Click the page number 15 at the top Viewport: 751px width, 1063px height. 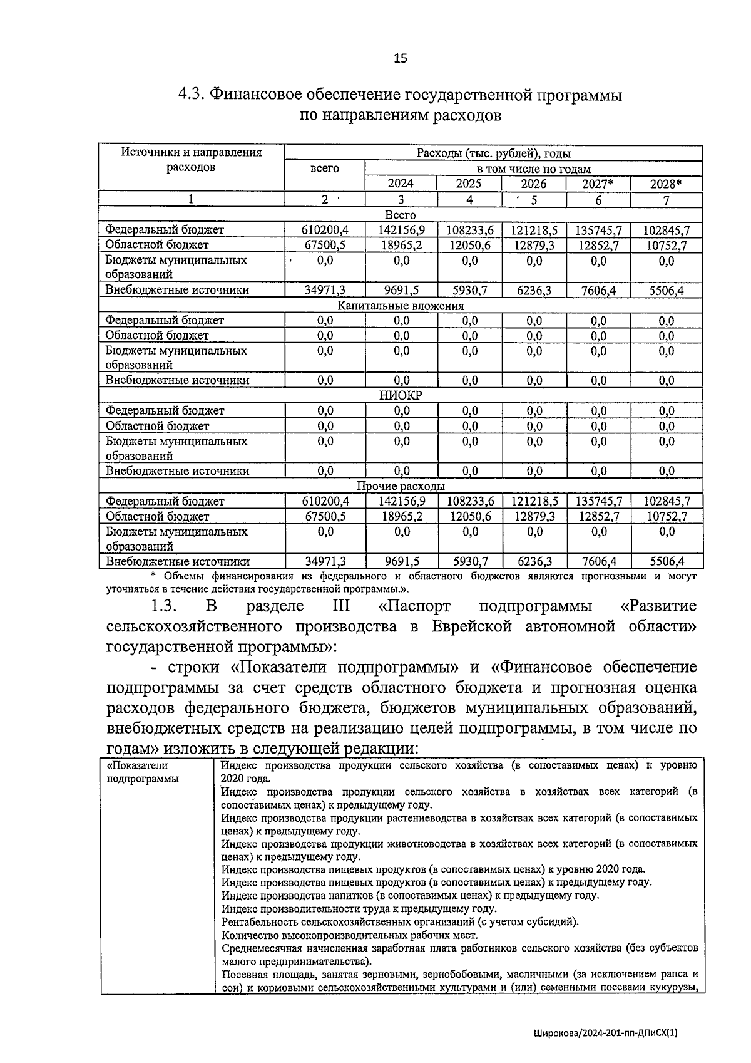coord(400,59)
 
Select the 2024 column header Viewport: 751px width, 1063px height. coord(401,184)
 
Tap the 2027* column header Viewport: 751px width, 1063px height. coord(598,184)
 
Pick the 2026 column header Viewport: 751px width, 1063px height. coord(533,184)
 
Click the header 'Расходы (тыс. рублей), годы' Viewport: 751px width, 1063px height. coord(493,153)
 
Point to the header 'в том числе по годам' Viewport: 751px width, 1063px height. coord(533,169)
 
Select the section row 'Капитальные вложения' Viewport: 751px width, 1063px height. coord(401,306)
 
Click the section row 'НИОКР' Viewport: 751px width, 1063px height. coord(401,396)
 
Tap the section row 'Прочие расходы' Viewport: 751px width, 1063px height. coord(401,486)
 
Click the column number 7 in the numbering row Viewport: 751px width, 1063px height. coord(666,200)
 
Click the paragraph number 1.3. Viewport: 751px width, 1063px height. coord(165,607)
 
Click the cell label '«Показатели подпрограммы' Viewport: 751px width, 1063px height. coord(143,772)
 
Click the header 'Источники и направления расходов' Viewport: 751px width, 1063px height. coord(191,160)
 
